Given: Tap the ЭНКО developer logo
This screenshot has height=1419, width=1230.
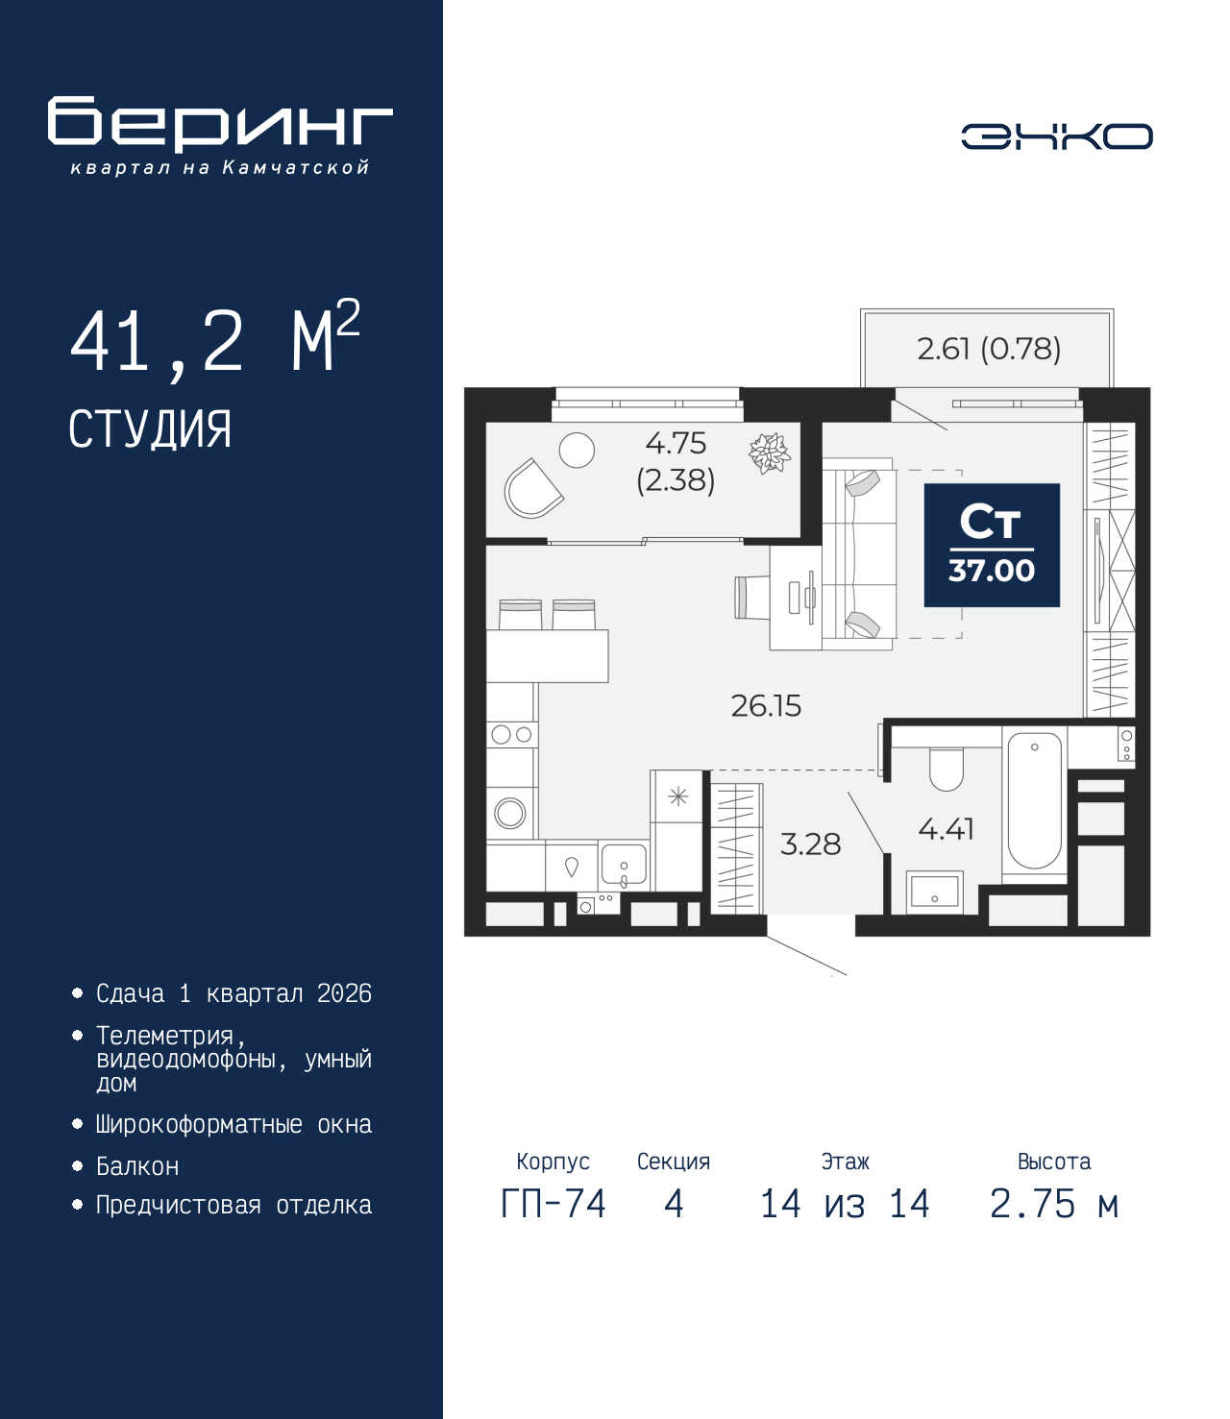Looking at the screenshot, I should (x=1056, y=136).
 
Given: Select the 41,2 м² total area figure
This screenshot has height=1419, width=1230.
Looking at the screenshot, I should (x=214, y=340).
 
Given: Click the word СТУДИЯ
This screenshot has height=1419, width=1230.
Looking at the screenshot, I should (x=150, y=429).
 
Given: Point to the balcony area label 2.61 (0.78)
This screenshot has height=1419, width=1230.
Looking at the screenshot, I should (x=988, y=349).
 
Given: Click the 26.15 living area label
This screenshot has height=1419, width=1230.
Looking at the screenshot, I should (x=766, y=706).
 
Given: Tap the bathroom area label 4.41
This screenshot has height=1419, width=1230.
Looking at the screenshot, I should (x=946, y=828).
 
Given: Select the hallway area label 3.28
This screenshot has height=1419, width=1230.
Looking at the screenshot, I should (x=810, y=844).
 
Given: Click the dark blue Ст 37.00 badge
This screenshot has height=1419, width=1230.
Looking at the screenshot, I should (x=991, y=545).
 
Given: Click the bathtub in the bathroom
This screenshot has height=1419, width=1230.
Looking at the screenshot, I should (x=1034, y=801).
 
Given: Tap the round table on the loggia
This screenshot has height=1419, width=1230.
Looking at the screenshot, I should (x=577, y=450).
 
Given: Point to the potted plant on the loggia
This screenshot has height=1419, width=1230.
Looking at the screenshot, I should (x=769, y=453).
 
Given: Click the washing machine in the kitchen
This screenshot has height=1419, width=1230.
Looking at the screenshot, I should (x=510, y=814).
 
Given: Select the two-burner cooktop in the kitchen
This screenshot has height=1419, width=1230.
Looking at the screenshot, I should (x=511, y=735).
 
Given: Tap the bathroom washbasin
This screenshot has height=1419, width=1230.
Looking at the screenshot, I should (x=934, y=890).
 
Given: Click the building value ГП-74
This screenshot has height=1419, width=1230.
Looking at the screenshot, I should (x=553, y=1204).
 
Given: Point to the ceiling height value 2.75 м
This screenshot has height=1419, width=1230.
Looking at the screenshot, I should (x=1054, y=1204).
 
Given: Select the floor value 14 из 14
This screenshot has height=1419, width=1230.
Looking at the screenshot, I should (x=845, y=1204).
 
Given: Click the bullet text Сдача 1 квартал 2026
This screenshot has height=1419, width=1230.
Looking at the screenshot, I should (x=234, y=993).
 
